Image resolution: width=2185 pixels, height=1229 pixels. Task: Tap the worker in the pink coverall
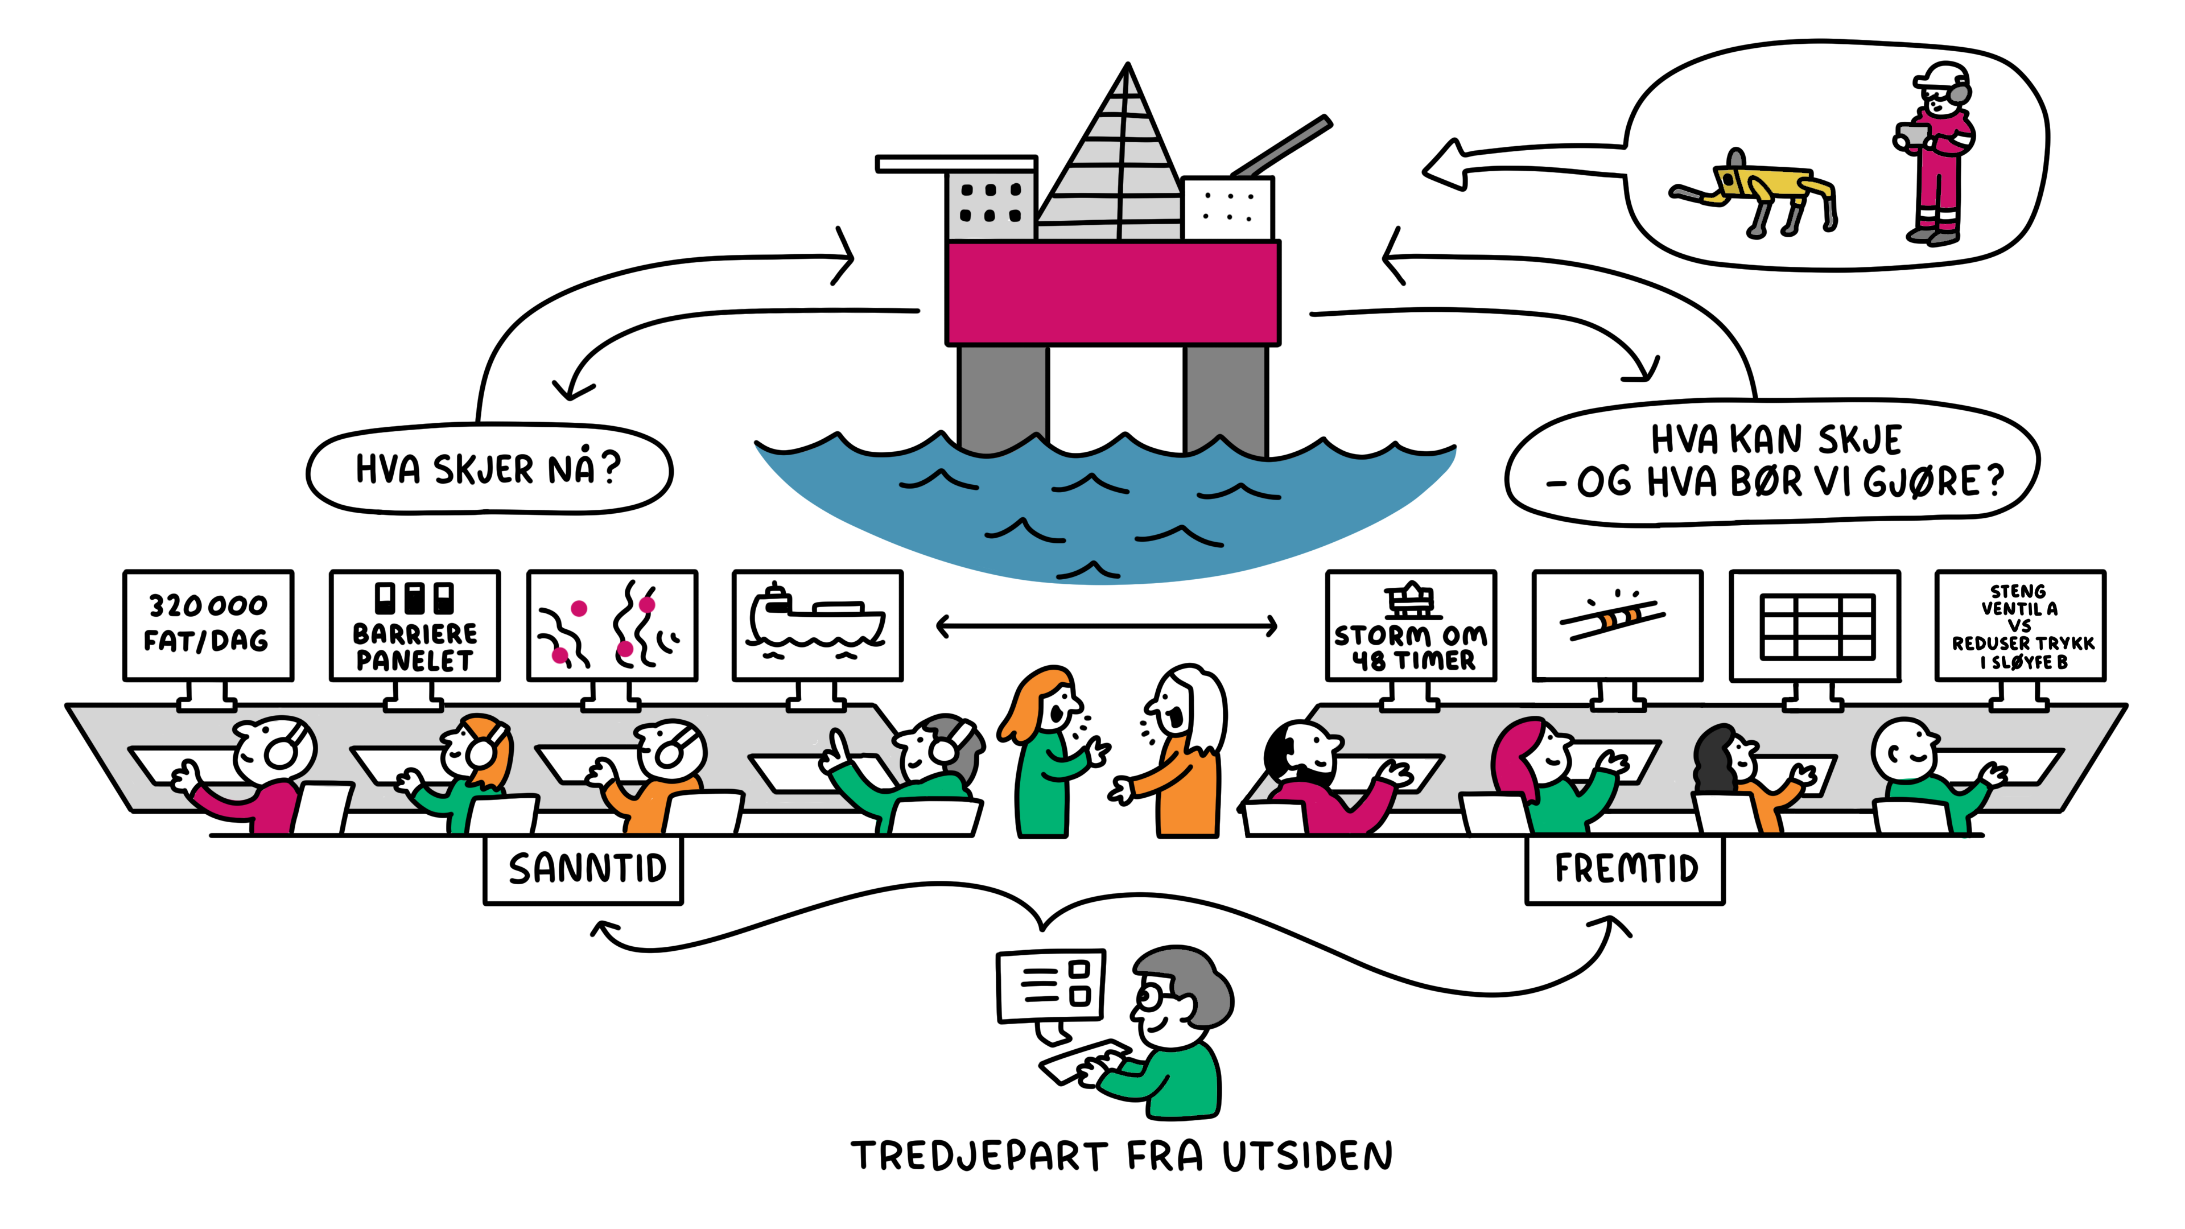1938,157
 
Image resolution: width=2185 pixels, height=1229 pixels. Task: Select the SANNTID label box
584,869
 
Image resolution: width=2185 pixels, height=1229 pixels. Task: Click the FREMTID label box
1625,869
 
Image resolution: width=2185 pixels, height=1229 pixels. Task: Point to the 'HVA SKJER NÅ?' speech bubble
489,469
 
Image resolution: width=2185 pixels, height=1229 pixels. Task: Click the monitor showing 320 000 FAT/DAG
208,625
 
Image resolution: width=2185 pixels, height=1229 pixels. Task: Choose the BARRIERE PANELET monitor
415,625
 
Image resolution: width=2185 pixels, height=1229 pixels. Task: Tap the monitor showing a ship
817,625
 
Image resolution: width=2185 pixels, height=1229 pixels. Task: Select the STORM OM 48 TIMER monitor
1411,625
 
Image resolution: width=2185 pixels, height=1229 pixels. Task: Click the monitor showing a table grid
1815,625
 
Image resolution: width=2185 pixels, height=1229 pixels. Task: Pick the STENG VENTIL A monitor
2021,625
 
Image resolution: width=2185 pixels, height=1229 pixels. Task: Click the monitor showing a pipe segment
1617,625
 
